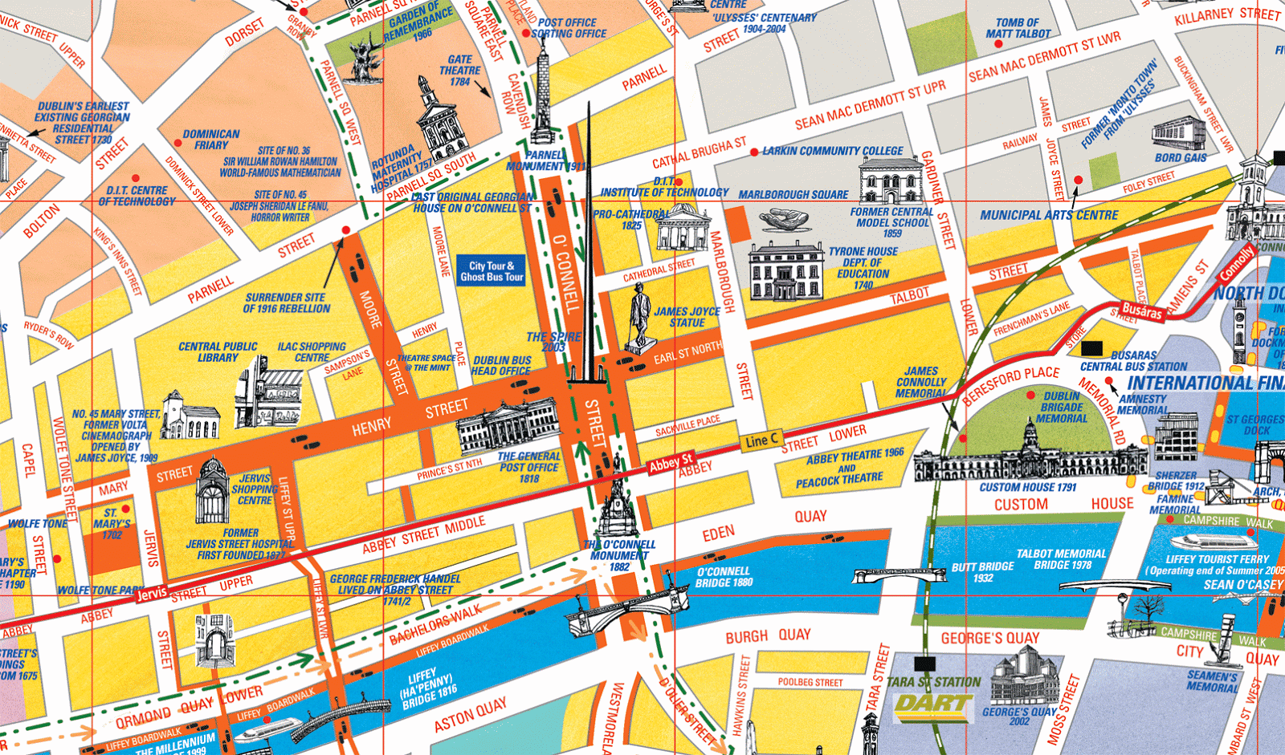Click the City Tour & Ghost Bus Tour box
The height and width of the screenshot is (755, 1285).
(491, 271)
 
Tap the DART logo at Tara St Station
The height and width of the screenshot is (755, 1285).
(934, 705)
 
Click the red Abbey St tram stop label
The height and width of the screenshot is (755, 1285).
(671, 463)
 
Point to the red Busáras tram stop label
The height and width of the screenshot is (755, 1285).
(1142, 311)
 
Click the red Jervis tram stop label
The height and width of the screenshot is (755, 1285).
(152, 594)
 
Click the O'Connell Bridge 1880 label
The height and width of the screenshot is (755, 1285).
(724, 577)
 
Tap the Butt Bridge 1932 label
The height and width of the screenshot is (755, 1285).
(982, 572)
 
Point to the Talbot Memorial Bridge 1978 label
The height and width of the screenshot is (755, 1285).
(1061, 559)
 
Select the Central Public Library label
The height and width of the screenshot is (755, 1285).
(218, 352)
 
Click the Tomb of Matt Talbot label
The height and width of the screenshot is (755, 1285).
(1018, 28)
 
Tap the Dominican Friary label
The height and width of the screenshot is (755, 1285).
(211, 140)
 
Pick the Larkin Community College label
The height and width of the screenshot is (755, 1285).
(832, 151)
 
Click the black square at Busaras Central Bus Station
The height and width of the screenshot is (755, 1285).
(1092, 349)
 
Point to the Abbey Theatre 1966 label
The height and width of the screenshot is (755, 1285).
(855, 457)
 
